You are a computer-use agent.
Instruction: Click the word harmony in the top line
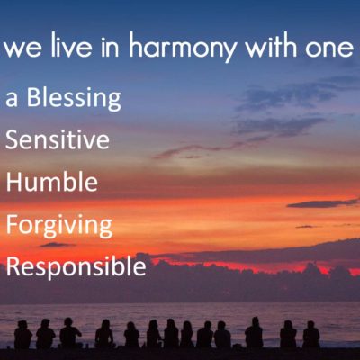point(184,47)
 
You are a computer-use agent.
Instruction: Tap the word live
point(71,45)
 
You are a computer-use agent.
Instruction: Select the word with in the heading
point(272,45)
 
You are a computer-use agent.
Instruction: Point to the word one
point(329,49)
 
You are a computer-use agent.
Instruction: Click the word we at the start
point(22,49)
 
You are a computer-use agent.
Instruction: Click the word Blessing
point(74,98)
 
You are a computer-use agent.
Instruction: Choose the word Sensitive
point(58,139)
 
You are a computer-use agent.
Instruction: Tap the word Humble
point(52,182)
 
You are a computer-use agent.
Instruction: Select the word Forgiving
point(59,226)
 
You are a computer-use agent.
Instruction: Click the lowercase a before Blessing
point(12,99)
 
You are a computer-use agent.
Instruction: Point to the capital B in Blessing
point(34,97)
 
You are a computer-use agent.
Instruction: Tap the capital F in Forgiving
point(12,224)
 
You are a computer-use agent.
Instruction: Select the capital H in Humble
point(14,182)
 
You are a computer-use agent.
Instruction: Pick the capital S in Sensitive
point(13,139)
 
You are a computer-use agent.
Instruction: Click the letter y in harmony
point(229,51)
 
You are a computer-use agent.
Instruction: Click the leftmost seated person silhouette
point(23,334)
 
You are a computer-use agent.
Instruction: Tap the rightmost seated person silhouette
point(311,334)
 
